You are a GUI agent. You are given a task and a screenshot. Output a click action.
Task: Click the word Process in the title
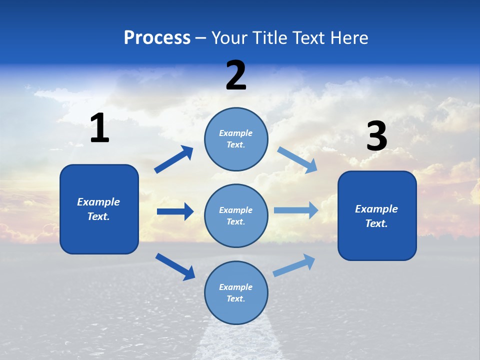coord(157,37)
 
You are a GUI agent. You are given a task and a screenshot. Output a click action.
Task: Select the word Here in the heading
coord(348,37)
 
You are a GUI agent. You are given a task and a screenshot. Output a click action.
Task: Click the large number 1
coord(99,128)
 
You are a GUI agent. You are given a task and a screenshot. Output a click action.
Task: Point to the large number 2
coord(236,75)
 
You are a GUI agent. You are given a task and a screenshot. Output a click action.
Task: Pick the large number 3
coord(376,136)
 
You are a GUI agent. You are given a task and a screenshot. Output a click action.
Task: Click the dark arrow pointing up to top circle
coord(174,159)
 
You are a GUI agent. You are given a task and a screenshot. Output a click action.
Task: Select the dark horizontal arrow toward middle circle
coord(175,211)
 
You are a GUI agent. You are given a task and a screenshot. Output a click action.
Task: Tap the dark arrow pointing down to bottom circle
coord(175,266)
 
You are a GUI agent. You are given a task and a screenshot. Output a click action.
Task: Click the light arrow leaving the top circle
coord(297,160)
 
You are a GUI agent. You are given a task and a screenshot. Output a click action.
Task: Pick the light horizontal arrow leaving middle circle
coord(296,210)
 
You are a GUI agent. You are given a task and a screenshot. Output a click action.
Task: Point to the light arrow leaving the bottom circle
coord(294,265)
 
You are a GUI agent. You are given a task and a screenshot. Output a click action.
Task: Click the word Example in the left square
coord(98,202)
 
